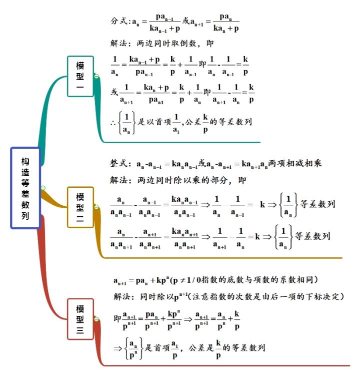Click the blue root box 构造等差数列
coord(25,188)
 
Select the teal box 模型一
coord(80,76)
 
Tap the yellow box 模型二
coord(80,207)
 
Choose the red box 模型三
coord(80,319)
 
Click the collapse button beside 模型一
coord(96,76)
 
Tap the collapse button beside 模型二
coord(96,207)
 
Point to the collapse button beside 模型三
coord(96,319)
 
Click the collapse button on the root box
coord(43,188)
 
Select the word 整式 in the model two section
coord(118,164)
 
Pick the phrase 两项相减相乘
coord(294,163)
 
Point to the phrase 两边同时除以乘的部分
coord(182,180)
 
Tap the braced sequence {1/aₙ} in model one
coord(127,123)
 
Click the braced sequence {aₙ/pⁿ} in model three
coord(133,348)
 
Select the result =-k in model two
coord(256,205)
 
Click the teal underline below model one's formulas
coord(182,142)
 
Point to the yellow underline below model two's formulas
coord(223,258)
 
